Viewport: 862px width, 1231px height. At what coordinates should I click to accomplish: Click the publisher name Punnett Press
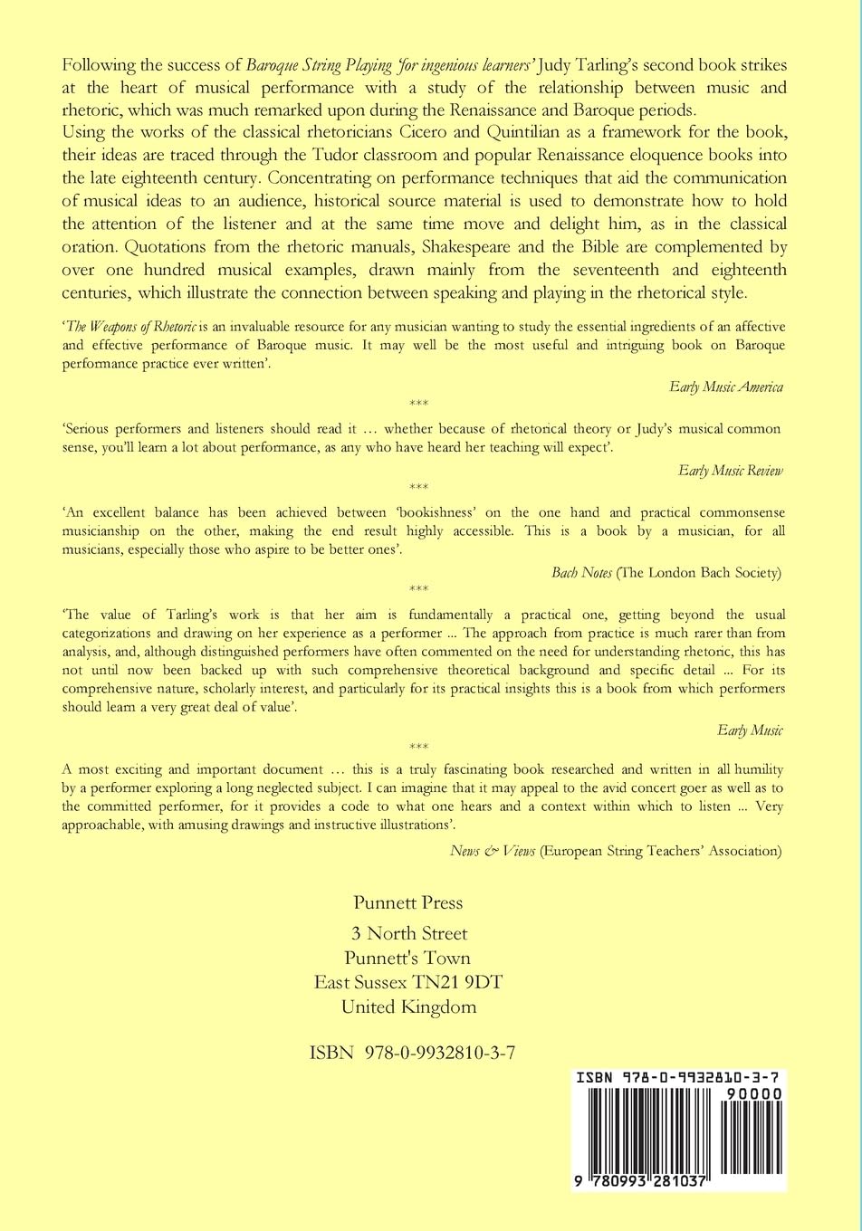pos(408,902)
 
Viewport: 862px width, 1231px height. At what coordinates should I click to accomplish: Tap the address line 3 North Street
pos(409,933)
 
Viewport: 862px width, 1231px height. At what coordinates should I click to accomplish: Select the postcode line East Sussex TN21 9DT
pos(408,982)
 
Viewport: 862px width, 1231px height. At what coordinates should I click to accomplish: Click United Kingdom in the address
pos(408,1007)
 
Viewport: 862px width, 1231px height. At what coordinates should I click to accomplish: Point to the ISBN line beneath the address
pos(412,1053)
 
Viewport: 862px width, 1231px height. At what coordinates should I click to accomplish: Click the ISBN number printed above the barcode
pos(678,1078)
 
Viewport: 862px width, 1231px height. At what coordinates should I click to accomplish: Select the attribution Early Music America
pos(726,387)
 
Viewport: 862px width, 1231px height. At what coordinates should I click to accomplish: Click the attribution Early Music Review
pos(730,471)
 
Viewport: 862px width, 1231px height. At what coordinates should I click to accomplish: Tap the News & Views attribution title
pos(493,851)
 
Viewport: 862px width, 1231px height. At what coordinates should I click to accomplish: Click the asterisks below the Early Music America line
pos(418,404)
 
